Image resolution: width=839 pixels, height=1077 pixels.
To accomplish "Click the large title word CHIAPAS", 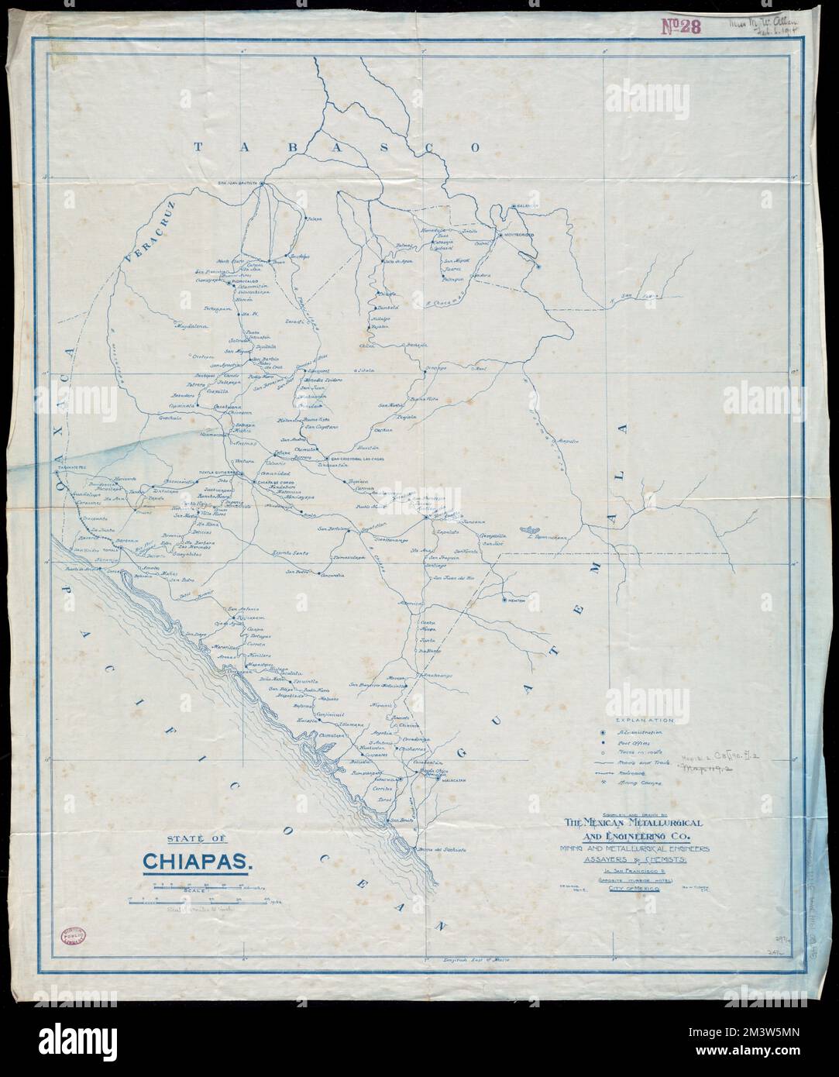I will [x=194, y=862].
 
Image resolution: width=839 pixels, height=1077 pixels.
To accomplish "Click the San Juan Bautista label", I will [x=236, y=183].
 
